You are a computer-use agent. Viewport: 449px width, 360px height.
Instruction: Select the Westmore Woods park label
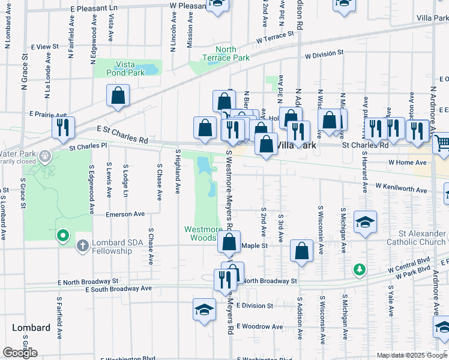tap(203, 233)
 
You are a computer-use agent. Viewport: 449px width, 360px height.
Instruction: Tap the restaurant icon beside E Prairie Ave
tap(62, 127)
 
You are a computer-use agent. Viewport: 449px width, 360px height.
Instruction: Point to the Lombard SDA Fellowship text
tap(111, 247)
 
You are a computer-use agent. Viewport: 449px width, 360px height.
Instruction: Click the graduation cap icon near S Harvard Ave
tap(364, 223)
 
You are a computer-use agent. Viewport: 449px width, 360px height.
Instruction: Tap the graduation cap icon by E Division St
tap(204, 310)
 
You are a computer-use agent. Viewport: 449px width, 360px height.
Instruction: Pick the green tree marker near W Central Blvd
tap(360, 270)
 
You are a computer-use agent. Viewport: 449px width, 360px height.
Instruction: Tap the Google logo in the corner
tap(20, 352)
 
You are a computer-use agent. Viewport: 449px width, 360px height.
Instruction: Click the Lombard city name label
tap(31, 328)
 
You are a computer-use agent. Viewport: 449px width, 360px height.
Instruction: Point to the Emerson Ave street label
tap(125, 214)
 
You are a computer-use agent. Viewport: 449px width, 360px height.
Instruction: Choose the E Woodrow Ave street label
tap(259, 326)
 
